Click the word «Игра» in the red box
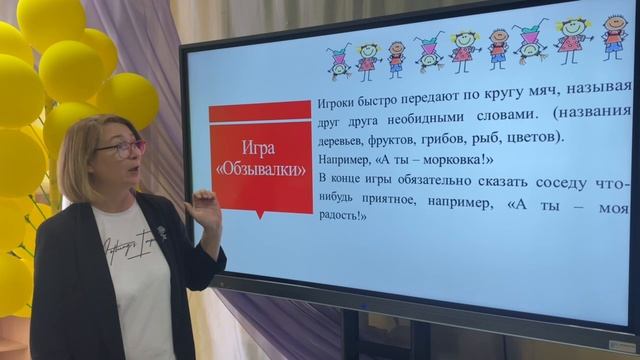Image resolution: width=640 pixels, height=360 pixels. point(259,149)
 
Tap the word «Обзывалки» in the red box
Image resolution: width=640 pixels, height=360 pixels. point(262,169)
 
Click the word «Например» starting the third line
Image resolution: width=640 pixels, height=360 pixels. point(344,159)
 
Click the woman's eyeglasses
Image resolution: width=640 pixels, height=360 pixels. point(121,148)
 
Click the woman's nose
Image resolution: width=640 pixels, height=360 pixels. point(134,157)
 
